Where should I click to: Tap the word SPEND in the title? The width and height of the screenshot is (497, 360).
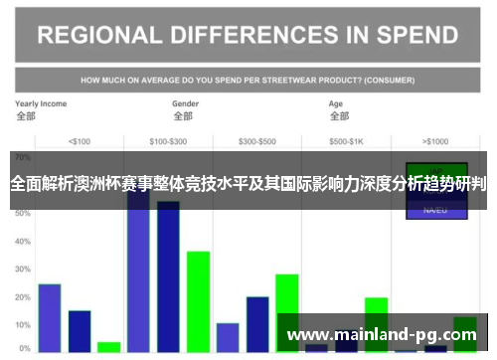pos(410,36)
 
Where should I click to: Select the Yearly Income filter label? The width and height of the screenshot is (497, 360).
pos(41,103)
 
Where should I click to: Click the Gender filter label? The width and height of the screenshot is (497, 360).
pos(186,103)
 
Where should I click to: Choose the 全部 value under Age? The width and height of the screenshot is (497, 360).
pos(339,116)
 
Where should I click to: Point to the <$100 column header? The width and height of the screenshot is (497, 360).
pos(79,140)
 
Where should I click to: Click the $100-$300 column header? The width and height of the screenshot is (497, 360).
pos(168,140)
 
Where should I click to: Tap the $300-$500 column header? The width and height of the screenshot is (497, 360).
pos(257,140)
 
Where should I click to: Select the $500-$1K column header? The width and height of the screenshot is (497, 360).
pos(347,140)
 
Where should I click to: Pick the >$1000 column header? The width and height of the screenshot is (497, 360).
pos(434,140)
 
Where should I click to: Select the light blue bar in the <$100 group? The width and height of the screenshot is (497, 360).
pos(50,317)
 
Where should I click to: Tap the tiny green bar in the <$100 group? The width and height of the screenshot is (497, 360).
pos(109,347)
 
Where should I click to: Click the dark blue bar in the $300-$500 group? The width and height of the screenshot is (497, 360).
pos(257,323)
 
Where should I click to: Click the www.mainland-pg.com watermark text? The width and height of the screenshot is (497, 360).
pos(383,334)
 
